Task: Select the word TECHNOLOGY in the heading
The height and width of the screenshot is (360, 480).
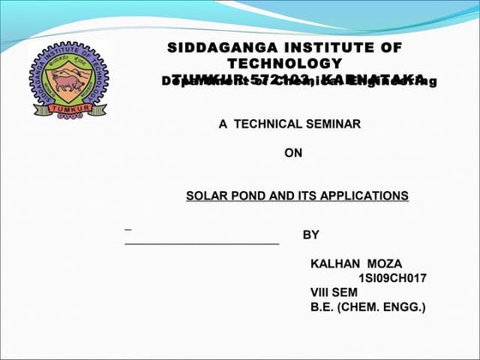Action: click(x=285, y=64)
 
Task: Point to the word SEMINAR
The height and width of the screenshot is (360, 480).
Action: click(x=334, y=124)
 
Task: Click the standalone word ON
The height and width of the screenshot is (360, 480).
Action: click(x=293, y=154)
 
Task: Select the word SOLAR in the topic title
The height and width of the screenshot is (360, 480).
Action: click(x=206, y=196)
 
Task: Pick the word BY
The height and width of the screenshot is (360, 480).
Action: click(x=311, y=235)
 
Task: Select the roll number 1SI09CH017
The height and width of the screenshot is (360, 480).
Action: click(x=392, y=278)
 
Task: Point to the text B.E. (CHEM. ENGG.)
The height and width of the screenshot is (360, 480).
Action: click(x=367, y=307)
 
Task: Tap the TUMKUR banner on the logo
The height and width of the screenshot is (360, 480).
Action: click(x=68, y=109)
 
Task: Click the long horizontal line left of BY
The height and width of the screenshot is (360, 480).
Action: click(x=202, y=244)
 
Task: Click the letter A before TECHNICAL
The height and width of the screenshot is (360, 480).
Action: click(x=223, y=124)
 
